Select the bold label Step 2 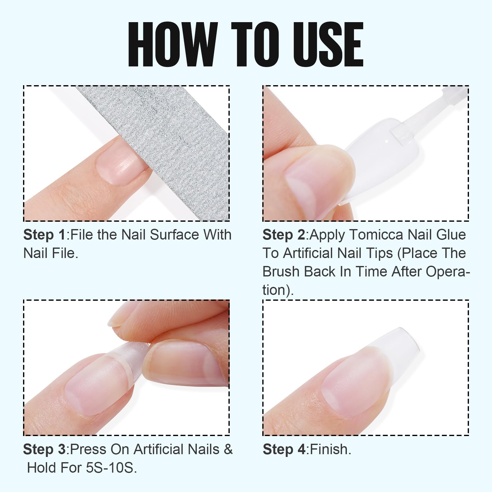click(284, 235)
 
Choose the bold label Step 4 click(284, 450)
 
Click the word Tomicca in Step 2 click(376, 235)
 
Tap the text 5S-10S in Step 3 click(109, 468)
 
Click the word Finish click(331, 450)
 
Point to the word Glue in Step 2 click(451, 235)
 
